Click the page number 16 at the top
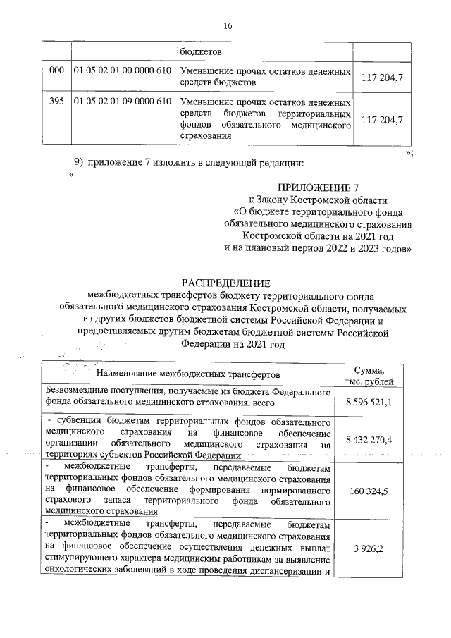(x=227, y=26)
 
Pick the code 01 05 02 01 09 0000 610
(x=123, y=102)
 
